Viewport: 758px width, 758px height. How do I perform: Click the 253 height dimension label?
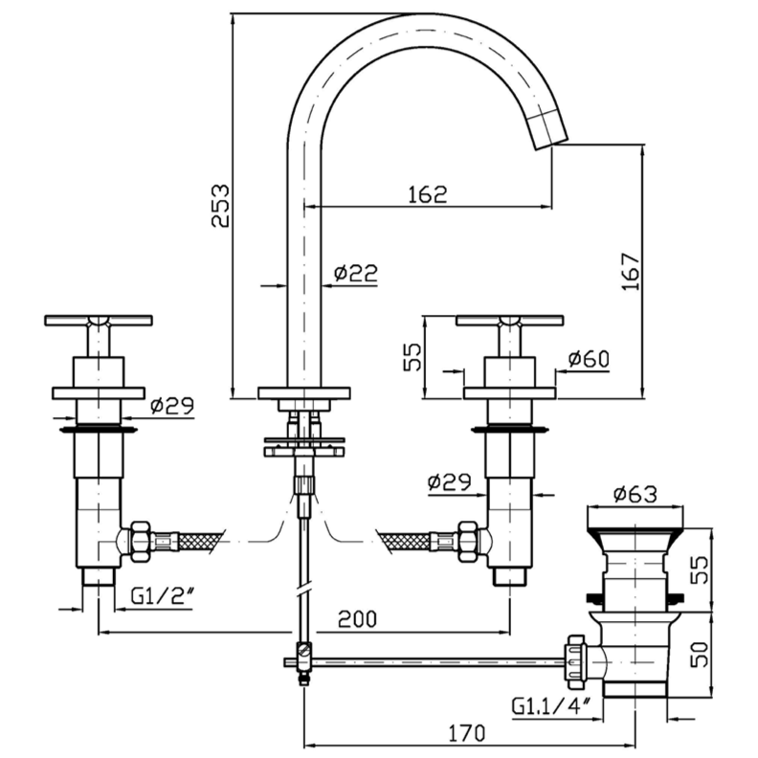(x=220, y=204)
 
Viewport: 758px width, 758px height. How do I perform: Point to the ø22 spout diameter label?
(x=355, y=274)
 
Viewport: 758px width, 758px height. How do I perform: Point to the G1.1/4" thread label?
(x=554, y=707)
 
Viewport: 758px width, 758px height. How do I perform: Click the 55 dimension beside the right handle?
(x=412, y=357)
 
